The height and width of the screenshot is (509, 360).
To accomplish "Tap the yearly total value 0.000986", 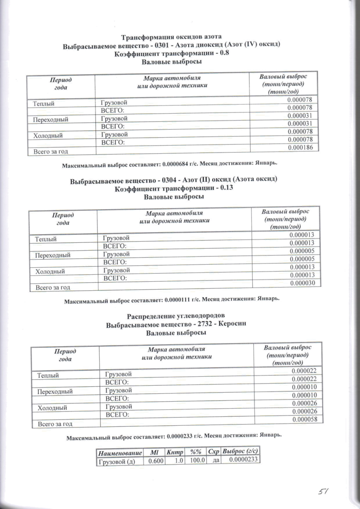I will (302, 147).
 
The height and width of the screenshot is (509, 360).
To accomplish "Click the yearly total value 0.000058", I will (305, 419).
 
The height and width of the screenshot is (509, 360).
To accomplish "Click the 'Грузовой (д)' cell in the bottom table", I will (116, 461).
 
